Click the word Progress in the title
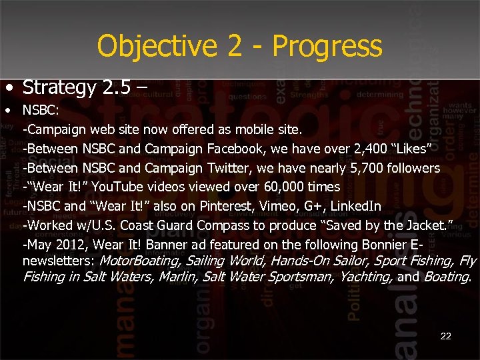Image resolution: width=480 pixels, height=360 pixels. click(327, 47)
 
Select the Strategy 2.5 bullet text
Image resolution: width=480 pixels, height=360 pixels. click(79, 87)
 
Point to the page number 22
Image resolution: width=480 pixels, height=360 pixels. click(445, 336)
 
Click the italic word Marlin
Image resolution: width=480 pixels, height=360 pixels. click(178, 275)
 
